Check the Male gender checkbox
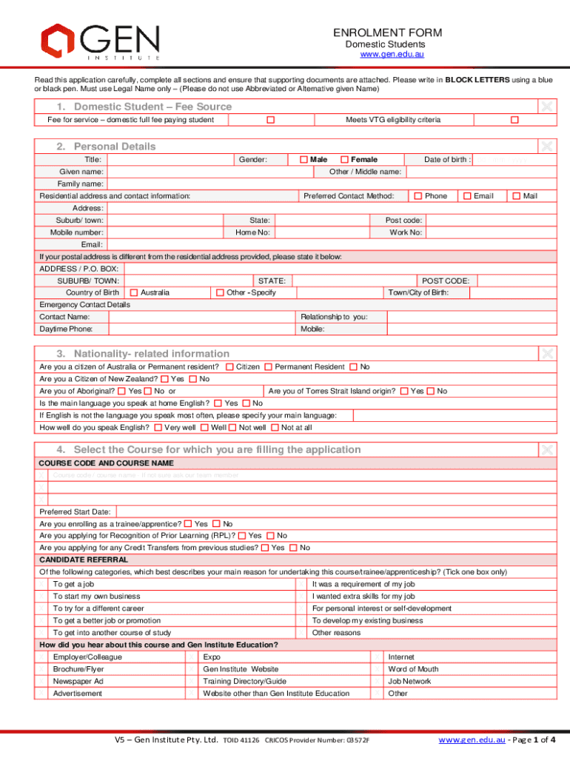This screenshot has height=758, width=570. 304,160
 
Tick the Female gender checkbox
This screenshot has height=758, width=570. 344,160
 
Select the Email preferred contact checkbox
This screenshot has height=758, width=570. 466,196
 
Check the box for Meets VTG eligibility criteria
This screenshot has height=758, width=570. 514,120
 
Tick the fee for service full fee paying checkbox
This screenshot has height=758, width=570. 271,120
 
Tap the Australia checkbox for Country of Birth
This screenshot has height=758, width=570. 134,293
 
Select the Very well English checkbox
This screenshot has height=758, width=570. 158,428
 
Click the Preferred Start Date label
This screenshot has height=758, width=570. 75,512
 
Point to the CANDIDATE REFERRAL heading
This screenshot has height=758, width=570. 84,560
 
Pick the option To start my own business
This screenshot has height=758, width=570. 96,597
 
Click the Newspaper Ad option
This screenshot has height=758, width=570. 78,681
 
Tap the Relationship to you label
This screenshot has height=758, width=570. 333,317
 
